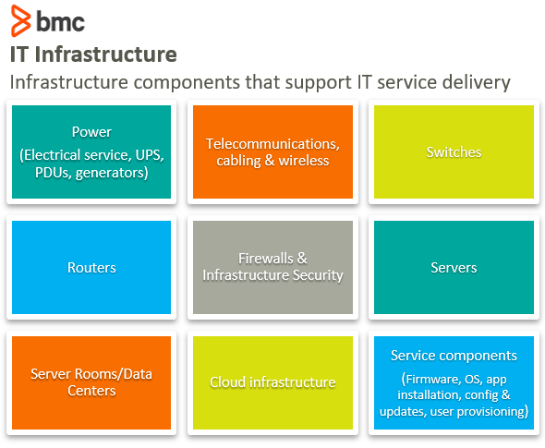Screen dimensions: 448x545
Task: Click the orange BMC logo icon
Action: (19, 20)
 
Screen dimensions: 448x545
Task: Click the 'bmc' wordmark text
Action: (60, 20)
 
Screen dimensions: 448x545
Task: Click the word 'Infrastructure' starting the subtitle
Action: (59, 81)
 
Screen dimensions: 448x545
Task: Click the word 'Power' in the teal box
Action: (91, 132)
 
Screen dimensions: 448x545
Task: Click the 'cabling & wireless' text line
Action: (272, 161)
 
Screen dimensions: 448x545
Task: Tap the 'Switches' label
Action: (454, 152)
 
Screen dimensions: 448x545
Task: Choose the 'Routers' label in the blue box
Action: (91, 268)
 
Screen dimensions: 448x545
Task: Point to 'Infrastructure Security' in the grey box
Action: (272, 275)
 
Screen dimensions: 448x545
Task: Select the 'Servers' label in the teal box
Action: (454, 268)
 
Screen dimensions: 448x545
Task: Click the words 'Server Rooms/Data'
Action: (91, 374)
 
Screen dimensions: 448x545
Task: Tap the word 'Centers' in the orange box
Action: (91, 391)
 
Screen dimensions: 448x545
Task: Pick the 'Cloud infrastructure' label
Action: (272, 382)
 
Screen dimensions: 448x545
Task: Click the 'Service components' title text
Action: (454, 356)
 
